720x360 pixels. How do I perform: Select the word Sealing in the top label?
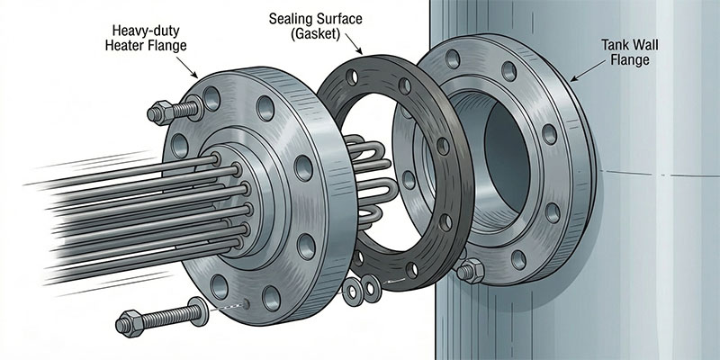(290, 17)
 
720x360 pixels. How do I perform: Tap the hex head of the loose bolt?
(129, 320)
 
